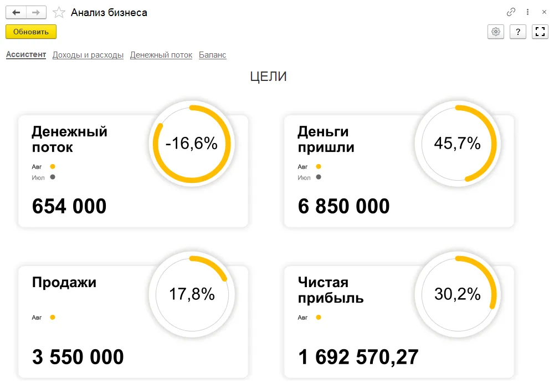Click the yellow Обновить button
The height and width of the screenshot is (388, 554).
pyautogui.click(x=31, y=32)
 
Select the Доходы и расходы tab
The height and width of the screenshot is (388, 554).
pyautogui.click(x=88, y=55)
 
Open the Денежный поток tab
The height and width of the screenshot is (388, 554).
pyautogui.click(x=161, y=55)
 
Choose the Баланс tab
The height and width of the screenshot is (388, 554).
pyautogui.click(x=213, y=55)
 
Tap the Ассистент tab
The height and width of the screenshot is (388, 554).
pyautogui.click(x=26, y=55)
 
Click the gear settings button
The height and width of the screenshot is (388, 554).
pyautogui.click(x=496, y=32)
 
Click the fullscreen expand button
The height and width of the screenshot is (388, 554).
pyautogui.click(x=540, y=32)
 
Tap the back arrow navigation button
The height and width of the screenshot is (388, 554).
pyautogui.click(x=16, y=12)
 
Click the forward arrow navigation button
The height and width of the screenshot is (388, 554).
pyautogui.click(x=36, y=12)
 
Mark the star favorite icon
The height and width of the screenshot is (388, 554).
pyautogui.click(x=59, y=12)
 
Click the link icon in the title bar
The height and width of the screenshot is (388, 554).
pyautogui.click(x=511, y=12)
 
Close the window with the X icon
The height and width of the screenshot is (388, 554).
pyautogui.click(x=544, y=12)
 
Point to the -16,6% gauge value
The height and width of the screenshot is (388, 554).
pyautogui.click(x=192, y=144)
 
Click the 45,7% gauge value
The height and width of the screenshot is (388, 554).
pyautogui.click(x=458, y=144)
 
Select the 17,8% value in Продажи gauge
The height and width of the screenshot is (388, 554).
pyautogui.click(x=192, y=294)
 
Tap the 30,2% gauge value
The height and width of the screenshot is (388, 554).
pyautogui.click(x=458, y=294)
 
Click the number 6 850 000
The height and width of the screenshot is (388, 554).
pyautogui.click(x=343, y=207)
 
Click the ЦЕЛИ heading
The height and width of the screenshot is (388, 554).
pyautogui.click(x=269, y=77)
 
